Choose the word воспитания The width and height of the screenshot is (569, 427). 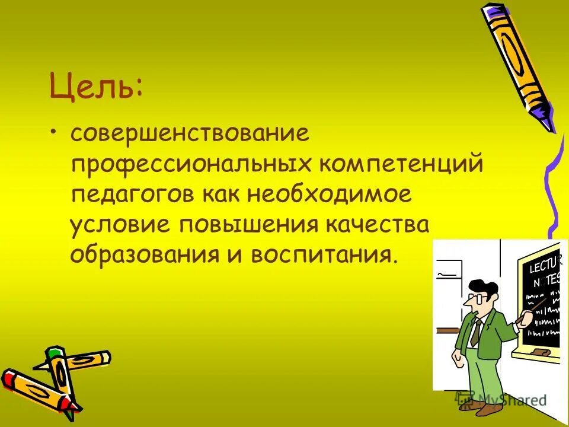[x=321, y=255]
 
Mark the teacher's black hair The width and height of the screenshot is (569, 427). [x=484, y=286]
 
